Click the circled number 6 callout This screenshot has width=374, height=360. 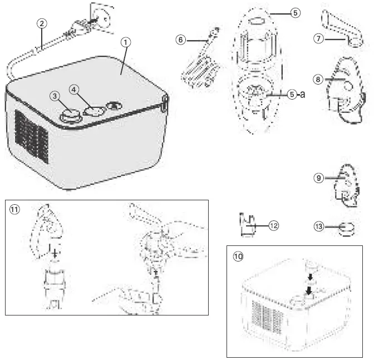click(180, 40)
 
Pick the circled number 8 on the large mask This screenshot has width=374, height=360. click(318, 80)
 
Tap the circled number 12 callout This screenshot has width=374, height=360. click(273, 225)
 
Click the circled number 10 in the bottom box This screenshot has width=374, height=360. click(238, 256)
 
